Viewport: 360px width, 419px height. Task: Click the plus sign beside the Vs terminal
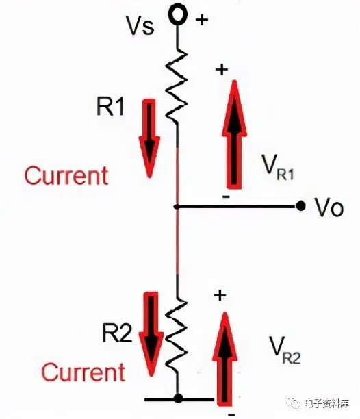click(x=202, y=19)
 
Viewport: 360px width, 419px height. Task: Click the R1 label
click(x=110, y=106)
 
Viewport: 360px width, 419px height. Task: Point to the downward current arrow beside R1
click(x=149, y=138)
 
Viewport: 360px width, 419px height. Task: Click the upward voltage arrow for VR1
click(x=234, y=134)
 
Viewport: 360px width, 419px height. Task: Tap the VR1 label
click(x=278, y=167)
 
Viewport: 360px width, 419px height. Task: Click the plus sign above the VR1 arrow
click(x=222, y=70)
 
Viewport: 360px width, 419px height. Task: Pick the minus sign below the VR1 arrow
click(x=226, y=197)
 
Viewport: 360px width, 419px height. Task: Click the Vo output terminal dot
click(x=300, y=206)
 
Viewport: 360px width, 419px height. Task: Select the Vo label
click(x=329, y=207)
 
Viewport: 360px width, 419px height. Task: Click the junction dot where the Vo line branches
click(x=177, y=207)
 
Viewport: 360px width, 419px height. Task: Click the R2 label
click(x=117, y=333)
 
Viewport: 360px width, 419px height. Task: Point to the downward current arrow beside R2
click(x=151, y=333)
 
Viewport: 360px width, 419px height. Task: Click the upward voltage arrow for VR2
click(x=225, y=359)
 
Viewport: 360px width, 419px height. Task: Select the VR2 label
click(x=285, y=351)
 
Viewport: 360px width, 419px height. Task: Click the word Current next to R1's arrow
click(x=66, y=175)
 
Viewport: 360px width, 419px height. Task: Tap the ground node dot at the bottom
click(x=178, y=398)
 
